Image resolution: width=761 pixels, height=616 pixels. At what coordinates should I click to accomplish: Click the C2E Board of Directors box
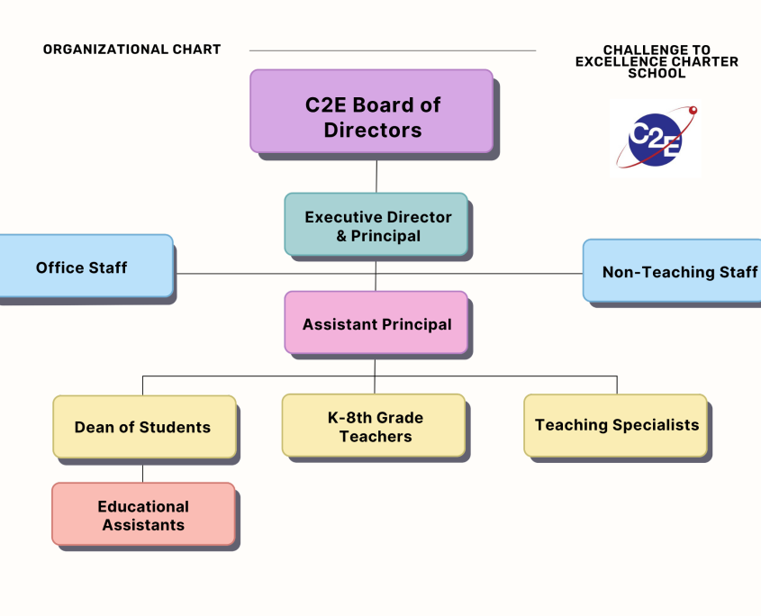pyautogui.click(x=372, y=111)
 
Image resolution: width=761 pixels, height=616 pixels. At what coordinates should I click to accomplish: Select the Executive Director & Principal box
pyautogui.click(x=376, y=224)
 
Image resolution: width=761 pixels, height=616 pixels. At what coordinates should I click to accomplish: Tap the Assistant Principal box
pyautogui.click(x=376, y=322)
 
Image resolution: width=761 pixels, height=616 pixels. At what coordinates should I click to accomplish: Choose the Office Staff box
pyautogui.click(x=85, y=266)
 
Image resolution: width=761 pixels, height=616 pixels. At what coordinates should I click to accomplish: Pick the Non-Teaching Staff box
pyautogui.click(x=672, y=271)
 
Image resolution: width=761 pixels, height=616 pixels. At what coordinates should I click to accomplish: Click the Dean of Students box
pyautogui.click(x=145, y=427)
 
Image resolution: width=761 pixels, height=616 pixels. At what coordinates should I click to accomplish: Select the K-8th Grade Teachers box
pyautogui.click(x=374, y=425)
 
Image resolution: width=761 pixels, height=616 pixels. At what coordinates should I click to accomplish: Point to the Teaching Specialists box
pyautogui.click(x=615, y=425)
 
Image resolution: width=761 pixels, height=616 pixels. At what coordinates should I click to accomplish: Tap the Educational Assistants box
pyautogui.click(x=144, y=514)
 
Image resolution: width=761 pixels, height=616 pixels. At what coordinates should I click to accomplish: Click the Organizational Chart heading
pyautogui.click(x=132, y=50)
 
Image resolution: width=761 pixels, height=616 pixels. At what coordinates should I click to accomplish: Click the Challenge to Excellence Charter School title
pyautogui.click(x=657, y=61)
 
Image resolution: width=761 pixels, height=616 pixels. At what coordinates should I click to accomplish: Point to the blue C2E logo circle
pyautogui.click(x=655, y=140)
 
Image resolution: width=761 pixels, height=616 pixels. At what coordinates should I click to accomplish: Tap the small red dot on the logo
pyautogui.click(x=693, y=110)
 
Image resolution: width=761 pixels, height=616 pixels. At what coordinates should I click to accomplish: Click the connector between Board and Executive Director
pyautogui.click(x=376, y=176)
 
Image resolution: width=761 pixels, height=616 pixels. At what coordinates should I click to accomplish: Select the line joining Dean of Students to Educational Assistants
pyautogui.click(x=142, y=474)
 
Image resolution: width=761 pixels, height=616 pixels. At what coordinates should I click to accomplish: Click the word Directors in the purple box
pyautogui.click(x=373, y=130)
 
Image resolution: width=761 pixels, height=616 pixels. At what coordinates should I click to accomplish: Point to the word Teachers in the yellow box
pyautogui.click(x=376, y=437)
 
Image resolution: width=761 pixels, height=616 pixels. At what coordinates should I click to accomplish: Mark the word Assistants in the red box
pyautogui.click(x=143, y=525)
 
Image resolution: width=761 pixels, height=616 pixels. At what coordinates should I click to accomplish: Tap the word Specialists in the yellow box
pyautogui.click(x=656, y=425)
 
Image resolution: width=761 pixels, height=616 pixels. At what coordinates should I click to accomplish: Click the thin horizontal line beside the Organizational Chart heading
pyautogui.click(x=393, y=50)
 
